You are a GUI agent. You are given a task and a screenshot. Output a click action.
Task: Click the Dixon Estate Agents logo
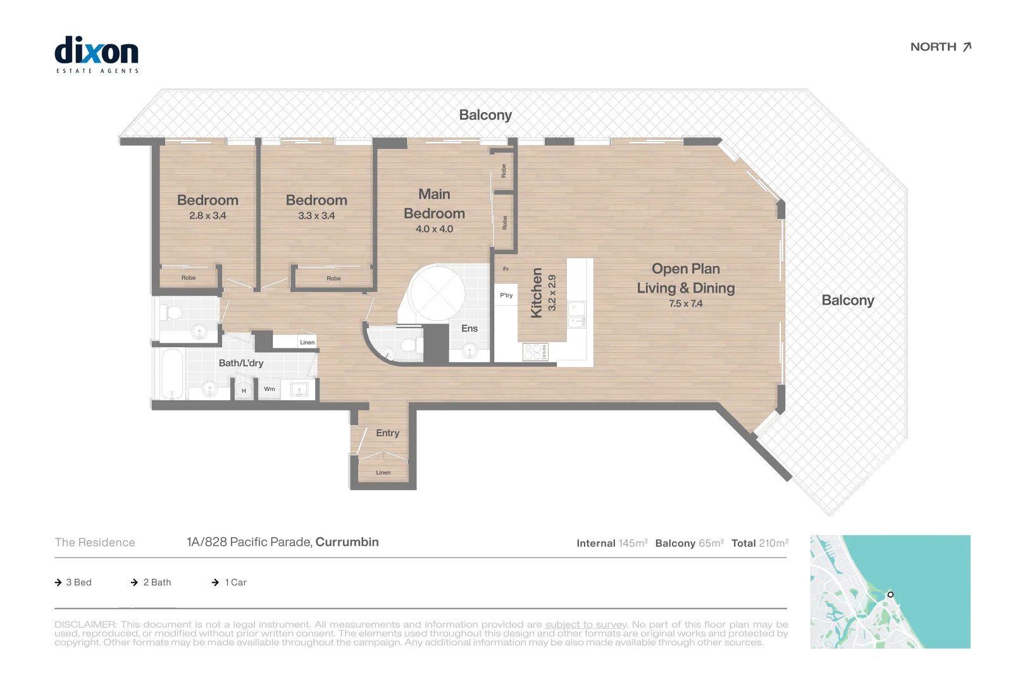[96, 54]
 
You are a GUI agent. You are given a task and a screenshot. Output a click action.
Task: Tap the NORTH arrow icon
[967, 47]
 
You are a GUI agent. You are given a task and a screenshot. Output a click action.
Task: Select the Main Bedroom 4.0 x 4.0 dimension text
[434, 229]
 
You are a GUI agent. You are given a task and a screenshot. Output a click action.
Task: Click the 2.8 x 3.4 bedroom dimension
[208, 216]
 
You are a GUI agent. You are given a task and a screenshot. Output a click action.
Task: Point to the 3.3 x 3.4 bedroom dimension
[316, 216]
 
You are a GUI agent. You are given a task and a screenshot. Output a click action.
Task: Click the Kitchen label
[537, 293]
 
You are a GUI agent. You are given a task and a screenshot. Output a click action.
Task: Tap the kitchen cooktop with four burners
[535, 351]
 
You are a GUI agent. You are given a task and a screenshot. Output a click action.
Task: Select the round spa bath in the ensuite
[437, 294]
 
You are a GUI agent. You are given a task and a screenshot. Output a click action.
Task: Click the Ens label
[469, 328]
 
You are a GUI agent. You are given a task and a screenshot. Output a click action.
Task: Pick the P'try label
[506, 295]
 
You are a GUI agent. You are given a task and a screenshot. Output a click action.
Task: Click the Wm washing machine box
[270, 389]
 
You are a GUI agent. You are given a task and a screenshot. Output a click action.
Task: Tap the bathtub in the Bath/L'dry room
[171, 374]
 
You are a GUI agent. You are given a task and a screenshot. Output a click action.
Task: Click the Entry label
[387, 433]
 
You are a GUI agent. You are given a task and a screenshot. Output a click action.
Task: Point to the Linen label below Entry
[383, 472]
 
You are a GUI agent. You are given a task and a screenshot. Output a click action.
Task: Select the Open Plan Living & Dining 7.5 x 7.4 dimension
[685, 304]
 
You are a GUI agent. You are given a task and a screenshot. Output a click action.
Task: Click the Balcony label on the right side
[847, 300]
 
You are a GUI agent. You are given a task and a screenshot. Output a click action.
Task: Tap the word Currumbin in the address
[347, 542]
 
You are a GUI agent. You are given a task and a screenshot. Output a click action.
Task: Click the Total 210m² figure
[760, 543]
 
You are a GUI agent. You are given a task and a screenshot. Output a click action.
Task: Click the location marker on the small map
[890, 595]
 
